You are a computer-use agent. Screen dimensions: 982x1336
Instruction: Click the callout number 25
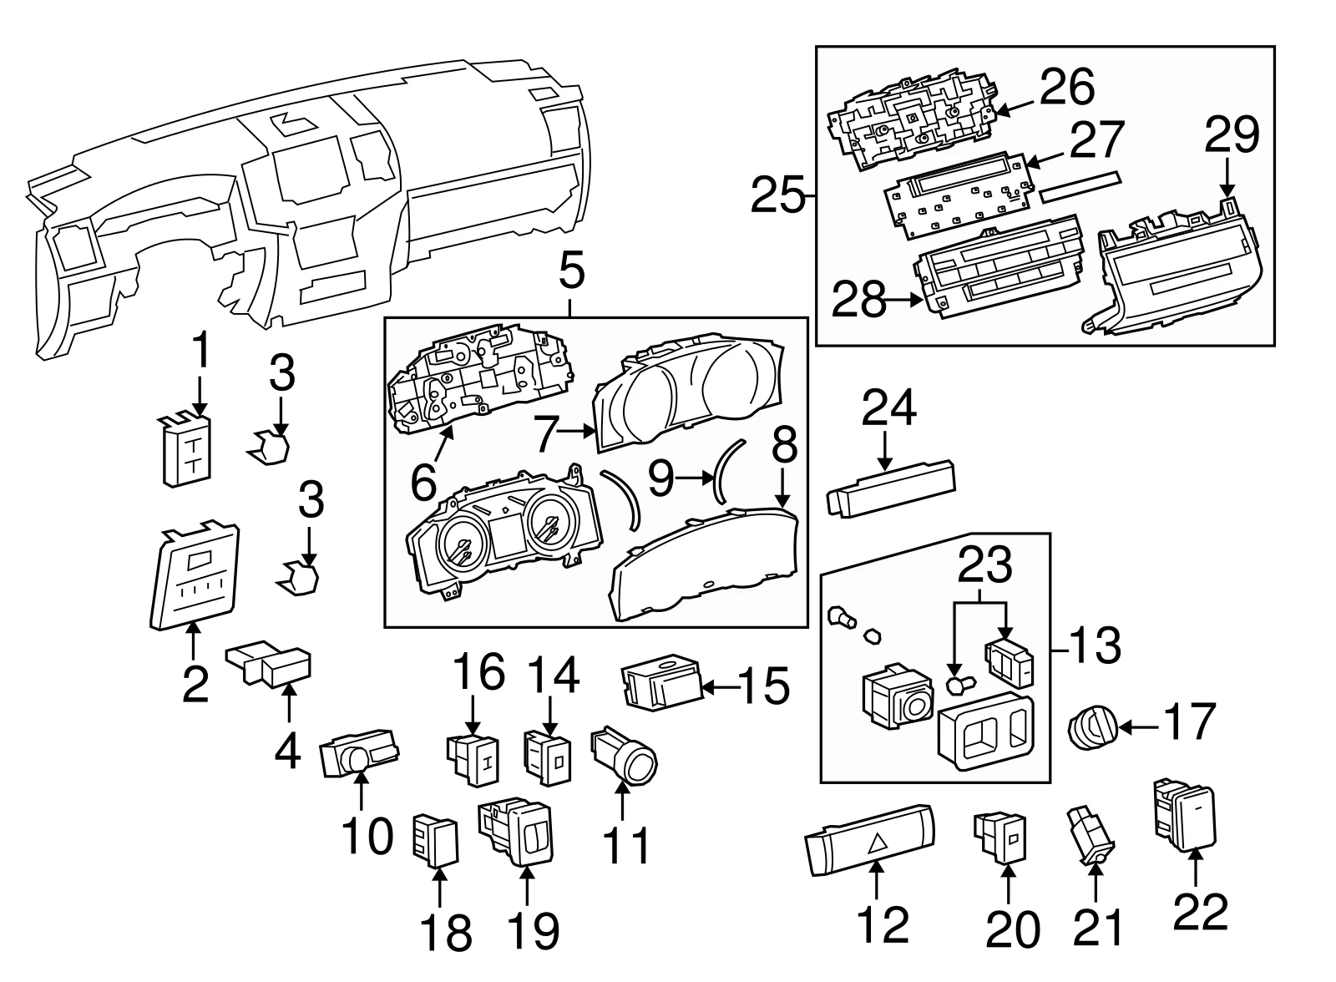click(x=777, y=197)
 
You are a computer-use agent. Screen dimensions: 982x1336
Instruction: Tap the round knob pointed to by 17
click(x=1091, y=728)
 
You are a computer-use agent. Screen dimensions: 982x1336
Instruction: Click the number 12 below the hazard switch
click(x=882, y=924)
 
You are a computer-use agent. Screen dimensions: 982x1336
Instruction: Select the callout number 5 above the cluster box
click(x=571, y=274)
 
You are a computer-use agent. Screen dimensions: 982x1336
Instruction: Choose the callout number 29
click(x=1231, y=135)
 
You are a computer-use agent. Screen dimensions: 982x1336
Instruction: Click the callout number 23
click(x=985, y=565)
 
